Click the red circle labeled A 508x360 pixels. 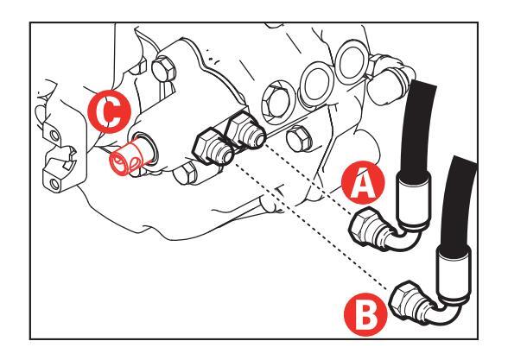tap(363, 182)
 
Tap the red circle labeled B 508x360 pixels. tap(365, 314)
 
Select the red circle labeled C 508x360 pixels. tap(110, 111)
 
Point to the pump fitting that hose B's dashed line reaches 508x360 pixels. tap(213, 149)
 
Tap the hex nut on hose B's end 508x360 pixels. tap(404, 299)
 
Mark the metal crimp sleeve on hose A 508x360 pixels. tap(414, 200)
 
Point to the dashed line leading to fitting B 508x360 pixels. tap(311, 225)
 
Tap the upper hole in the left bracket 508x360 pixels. tap(54, 135)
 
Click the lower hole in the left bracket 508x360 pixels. tap(55, 185)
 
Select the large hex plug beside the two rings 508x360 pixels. tap(278, 103)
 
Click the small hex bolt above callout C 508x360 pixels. tap(163, 69)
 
